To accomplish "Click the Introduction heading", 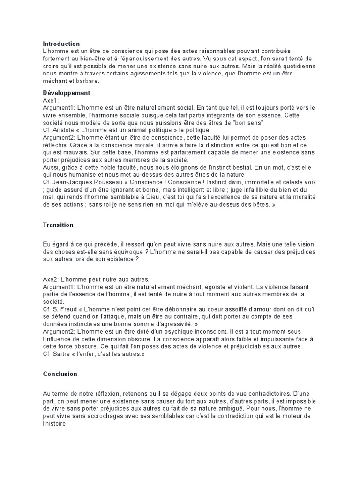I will pos(61,44).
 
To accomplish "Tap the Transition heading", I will pos(58,225).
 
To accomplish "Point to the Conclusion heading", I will pos(60,374).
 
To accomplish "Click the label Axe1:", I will pos(51,100).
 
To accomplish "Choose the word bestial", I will pos(237,167).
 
